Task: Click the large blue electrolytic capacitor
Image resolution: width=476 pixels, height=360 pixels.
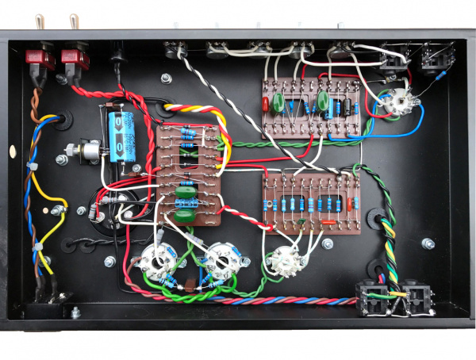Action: point(124,135)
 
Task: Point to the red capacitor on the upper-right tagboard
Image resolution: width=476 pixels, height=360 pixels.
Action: point(265,104)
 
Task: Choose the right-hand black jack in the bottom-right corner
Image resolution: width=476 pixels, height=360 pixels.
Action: point(417,296)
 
